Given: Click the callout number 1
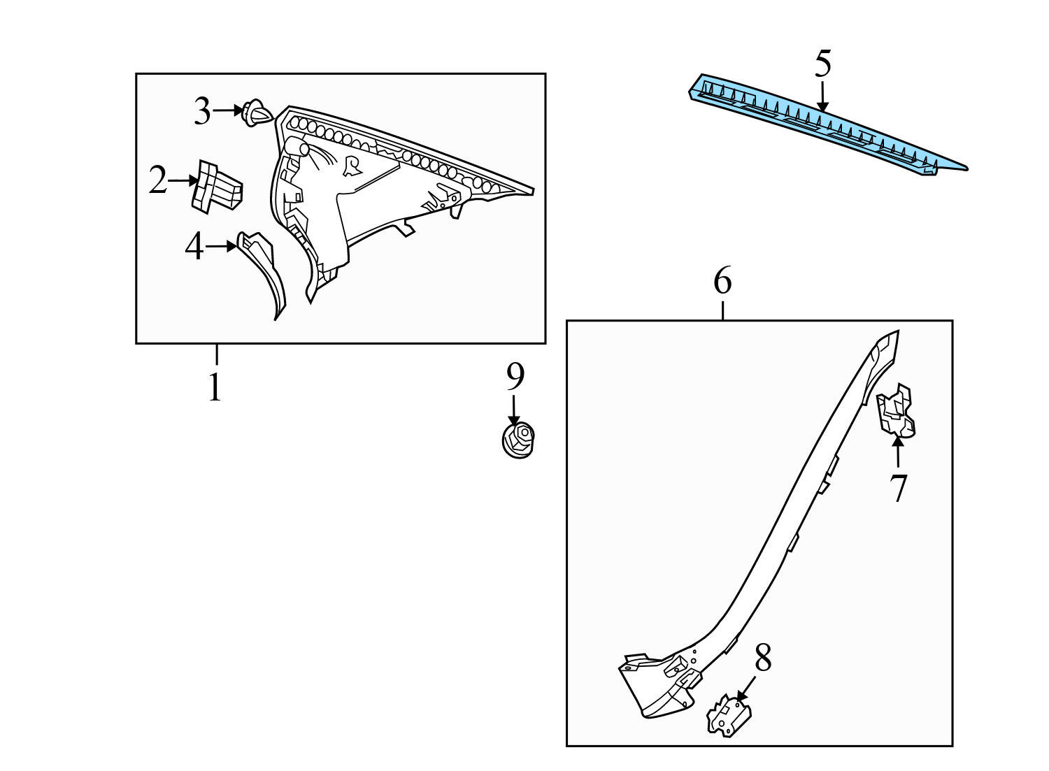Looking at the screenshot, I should (x=215, y=387).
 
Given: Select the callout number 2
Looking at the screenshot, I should (x=158, y=182).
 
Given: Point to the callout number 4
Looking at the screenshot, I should (x=194, y=247).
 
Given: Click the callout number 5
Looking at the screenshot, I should (x=823, y=64).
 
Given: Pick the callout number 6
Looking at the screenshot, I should (x=722, y=282).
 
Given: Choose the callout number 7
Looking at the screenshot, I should (x=898, y=487).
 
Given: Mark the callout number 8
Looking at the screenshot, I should (x=763, y=658).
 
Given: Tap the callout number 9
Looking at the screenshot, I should (x=515, y=377).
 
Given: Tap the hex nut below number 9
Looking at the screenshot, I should (x=518, y=440).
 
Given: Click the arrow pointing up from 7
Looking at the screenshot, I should (x=897, y=452).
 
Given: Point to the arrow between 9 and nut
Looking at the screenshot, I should (x=515, y=409).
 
